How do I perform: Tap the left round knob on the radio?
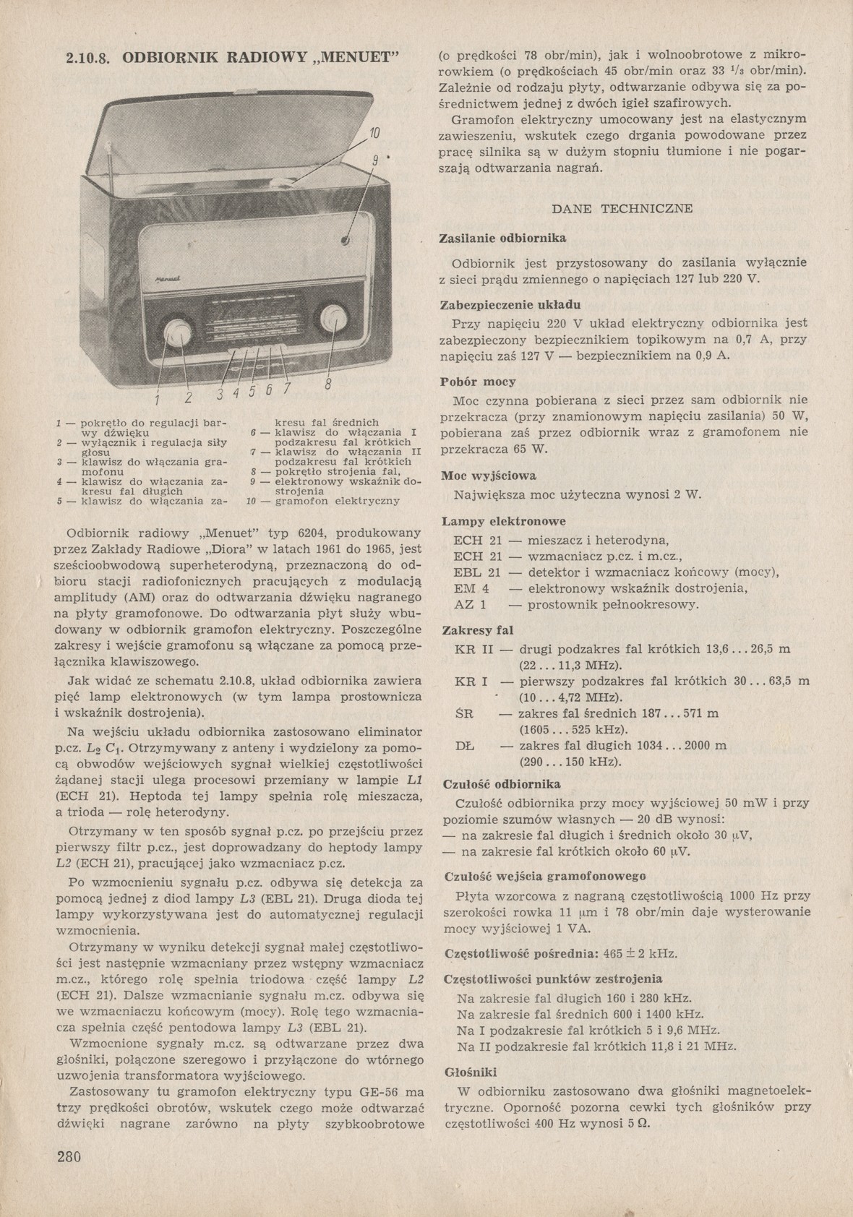pyautogui.click(x=176, y=333)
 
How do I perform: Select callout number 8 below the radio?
pyautogui.click(x=327, y=384)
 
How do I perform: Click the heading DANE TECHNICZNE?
pyautogui.click(x=622, y=209)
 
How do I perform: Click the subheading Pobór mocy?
pyautogui.click(x=478, y=382)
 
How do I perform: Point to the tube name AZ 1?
pyautogui.click(x=470, y=604)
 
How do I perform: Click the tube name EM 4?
pyautogui.click(x=471, y=588)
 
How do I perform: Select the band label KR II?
pyautogui.click(x=473, y=649)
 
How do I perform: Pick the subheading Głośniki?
pyautogui.click(x=470, y=1072)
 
